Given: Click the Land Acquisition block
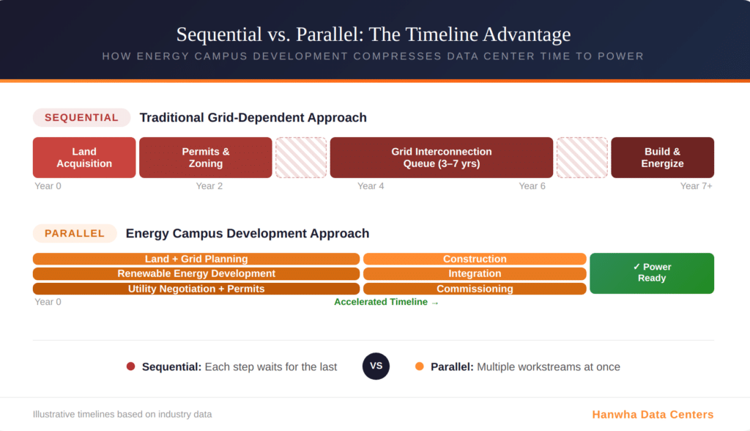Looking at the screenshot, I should click(84, 158).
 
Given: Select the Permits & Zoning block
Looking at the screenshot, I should click(206, 158).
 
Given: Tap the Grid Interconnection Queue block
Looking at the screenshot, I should click(441, 158).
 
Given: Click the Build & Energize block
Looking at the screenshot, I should click(662, 158).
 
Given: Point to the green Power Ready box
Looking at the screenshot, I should click(651, 273).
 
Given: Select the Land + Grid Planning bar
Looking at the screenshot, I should click(196, 259).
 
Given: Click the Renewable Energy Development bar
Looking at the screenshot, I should click(196, 273).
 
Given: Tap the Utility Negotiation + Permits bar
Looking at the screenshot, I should click(196, 289).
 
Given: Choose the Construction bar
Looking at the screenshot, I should click(475, 259).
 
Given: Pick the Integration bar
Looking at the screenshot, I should click(475, 273).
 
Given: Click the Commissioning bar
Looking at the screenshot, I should click(475, 289).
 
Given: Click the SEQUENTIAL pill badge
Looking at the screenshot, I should click(81, 117).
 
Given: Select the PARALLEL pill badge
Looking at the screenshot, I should click(75, 233).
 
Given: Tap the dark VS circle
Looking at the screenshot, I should click(376, 366).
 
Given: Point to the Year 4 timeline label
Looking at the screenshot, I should click(371, 186).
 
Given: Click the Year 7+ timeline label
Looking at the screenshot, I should click(696, 186).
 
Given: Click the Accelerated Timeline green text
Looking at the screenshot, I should click(387, 302).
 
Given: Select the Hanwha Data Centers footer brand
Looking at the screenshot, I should click(653, 414).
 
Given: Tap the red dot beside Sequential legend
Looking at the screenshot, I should click(130, 366).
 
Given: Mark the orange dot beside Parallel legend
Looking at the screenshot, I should click(419, 366).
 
